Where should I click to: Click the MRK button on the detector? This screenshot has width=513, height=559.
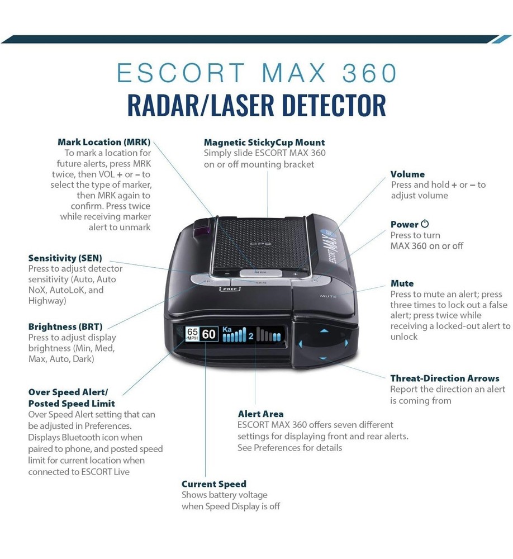pos(260,273)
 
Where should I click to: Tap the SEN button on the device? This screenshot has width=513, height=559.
pos(260,283)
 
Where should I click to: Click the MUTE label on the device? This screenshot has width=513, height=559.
pos(328,296)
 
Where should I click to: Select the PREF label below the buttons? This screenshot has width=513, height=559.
pos(230,289)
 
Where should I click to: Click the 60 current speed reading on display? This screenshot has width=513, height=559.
pos(209,334)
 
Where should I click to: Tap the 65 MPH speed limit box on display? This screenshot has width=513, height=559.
pos(192,334)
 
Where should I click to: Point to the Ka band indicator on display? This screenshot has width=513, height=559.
pos(227,329)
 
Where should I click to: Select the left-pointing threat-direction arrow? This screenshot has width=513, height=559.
pos(302,343)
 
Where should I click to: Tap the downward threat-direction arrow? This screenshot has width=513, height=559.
pos(323,358)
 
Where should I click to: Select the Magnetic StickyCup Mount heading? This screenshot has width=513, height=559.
pos(264,143)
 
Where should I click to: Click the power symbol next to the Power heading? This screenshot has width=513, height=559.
pos(425,224)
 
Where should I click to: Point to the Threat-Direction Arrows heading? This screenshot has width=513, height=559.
pos(445,378)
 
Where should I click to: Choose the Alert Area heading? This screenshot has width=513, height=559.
pos(260,414)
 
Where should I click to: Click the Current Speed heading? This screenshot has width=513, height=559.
pos(214,484)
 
